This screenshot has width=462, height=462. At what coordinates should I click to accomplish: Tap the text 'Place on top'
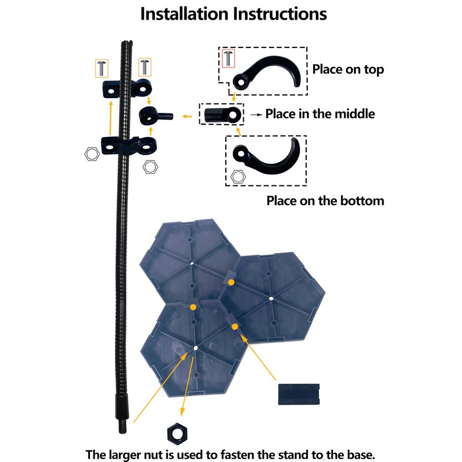coord(348,69)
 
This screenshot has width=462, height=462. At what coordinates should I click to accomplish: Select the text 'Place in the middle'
coord(320,114)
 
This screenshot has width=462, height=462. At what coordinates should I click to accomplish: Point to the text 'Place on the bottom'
coord(325,201)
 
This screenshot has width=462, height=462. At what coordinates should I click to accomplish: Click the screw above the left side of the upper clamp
coord(102,67)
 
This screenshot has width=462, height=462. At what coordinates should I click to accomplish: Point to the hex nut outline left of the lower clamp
coord(91,154)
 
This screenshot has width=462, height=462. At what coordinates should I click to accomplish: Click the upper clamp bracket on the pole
coord(127,88)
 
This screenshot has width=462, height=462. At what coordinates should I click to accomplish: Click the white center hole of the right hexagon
coord(271,299)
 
